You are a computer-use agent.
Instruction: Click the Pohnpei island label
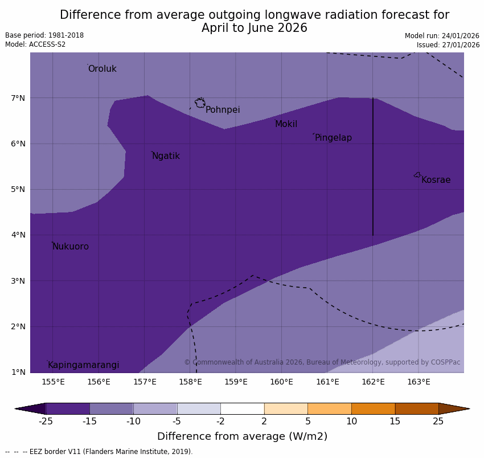pos(223,110)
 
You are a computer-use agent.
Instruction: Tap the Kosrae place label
pos(436,180)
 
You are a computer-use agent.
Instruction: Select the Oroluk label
pos(102,69)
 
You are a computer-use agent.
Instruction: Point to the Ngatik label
pos(166,156)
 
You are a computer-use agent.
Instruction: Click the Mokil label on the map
pos(286,124)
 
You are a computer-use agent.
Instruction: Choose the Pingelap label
pos(333,138)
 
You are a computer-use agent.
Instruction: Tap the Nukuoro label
pos(71,247)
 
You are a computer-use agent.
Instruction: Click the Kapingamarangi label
pos(84,365)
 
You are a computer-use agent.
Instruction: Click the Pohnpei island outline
pos(200,103)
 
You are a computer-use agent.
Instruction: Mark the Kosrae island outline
pos(417,175)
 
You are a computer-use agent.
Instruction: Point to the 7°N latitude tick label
pos(18,98)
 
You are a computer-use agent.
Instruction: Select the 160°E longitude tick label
pos(281,382)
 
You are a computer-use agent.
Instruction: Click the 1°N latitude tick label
pos(18,372)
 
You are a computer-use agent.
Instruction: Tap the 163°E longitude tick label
pos(419,382)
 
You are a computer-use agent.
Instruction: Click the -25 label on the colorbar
pos(46,422)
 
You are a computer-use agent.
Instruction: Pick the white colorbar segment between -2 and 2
pos(242,408)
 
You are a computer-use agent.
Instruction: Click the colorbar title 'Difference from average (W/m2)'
pos(242,437)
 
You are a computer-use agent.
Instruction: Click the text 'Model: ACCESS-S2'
pos(35,44)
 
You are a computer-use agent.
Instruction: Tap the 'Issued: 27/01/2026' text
pos(448,45)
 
